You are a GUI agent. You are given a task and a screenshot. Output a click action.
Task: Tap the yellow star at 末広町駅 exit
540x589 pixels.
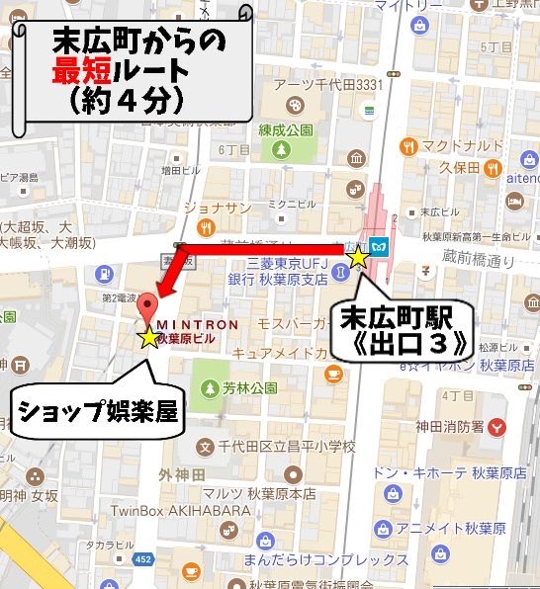[358, 257]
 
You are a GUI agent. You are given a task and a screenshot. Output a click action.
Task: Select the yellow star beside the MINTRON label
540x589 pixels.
[149, 338]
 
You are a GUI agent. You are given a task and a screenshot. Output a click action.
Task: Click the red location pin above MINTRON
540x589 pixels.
[147, 305]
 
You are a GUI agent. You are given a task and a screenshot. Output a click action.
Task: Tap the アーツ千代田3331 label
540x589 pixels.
[326, 85]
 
